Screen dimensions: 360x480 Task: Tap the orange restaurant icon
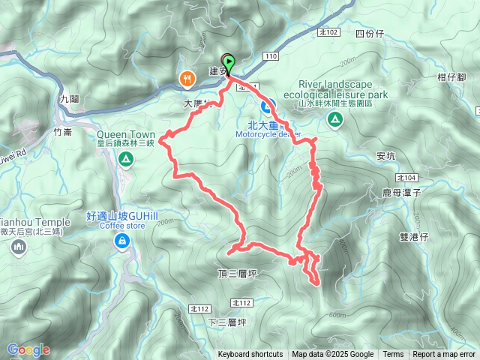click(x=185, y=77)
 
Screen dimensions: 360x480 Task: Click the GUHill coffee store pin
click(x=121, y=241)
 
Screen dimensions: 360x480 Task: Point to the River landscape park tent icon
click(x=334, y=119)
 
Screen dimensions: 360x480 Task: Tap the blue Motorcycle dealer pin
click(x=274, y=104)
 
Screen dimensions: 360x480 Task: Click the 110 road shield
click(x=271, y=55)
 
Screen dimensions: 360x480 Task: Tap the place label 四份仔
click(x=369, y=34)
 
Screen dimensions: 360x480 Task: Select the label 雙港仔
click(x=414, y=235)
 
